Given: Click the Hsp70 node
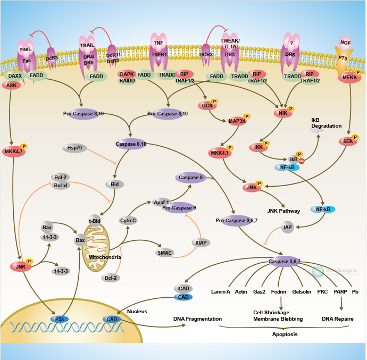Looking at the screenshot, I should point(74,148).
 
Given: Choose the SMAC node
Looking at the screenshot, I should point(165,253).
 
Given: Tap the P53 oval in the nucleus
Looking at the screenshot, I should point(60,319).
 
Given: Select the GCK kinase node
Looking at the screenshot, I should point(208,106).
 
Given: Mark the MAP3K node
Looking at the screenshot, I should point(237,121).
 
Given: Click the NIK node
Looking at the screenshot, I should point(282,113).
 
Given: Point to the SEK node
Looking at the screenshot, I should point(347,141).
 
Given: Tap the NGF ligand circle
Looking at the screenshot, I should point(346,42).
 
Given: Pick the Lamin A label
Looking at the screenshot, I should point(220,292).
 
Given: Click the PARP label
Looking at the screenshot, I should point(340,292).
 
